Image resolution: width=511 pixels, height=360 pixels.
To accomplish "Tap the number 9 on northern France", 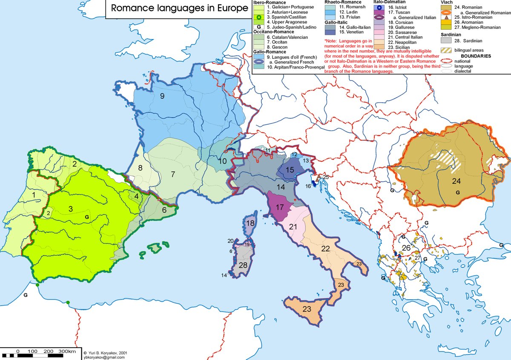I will pyautogui.click(x=162, y=96).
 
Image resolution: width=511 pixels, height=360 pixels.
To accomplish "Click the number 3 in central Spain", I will pyautogui.click(x=72, y=209).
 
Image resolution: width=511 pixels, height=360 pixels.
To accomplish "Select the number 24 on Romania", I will pyautogui.click(x=456, y=181).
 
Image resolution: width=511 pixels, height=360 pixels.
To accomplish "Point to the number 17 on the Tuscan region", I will pyautogui.click(x=280, y=208).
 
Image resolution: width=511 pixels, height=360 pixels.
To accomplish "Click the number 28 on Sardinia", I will pyautogui.click(x=243, y=265).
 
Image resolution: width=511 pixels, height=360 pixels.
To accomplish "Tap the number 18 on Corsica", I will pyautogui.click(x=251, y=223).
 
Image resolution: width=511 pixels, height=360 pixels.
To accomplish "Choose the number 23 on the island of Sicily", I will pyautogui.click(x=307, y=309).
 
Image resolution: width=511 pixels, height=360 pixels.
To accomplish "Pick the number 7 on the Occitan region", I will pyautogui.click(x=173, y=174).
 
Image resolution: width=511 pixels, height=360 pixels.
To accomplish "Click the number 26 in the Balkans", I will pyautogui.click(x=406, y=248).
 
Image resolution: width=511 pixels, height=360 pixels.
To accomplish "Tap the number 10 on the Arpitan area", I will pyautogui.click(x=223, y=161).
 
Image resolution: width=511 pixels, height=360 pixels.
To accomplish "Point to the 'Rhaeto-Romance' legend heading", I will pyautogui.click(x=344, y=2).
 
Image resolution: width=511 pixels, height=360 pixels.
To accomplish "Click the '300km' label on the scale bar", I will pyautogui.click(x=67, y=351).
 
